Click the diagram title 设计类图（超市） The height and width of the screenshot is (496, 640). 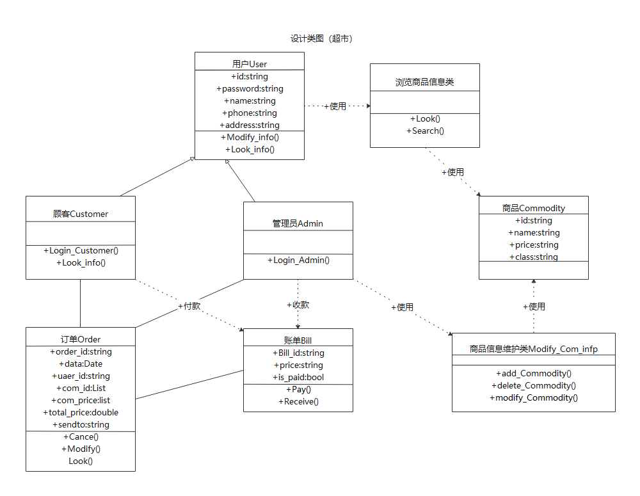(x=322, y=39)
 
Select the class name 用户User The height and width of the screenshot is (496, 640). (x=250, y=64)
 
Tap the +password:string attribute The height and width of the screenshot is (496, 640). (x=250, y=89)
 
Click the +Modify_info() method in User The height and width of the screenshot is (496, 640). (x=250, y=137)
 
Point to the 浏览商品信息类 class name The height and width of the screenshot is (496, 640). (x=424, y=83)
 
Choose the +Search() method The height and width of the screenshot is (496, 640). (x=424, y=131)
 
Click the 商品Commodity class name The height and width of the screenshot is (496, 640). (x=533, y=208)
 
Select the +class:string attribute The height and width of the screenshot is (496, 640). (x=533, y=257)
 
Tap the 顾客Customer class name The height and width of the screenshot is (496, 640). (x=81, y=214)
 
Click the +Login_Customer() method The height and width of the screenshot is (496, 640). (x=81, y=250)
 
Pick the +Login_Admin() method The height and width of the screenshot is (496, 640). (x=298, y=260)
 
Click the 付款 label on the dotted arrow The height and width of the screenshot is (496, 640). (x=191, y=306)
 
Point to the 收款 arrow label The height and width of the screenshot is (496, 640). (x=299, y=305)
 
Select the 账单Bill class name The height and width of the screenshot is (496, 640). (x=298, y=340)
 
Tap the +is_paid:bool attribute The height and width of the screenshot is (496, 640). (x=298, y=377)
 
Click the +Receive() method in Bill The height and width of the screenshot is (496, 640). (x=298, y=401)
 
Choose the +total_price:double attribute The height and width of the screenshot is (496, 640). (x=81, y=412)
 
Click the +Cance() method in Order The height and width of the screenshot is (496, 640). (x=81, y=436)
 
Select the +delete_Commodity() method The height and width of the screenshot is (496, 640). (x=534, y=385)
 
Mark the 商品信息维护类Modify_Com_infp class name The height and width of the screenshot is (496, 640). (x=533, y=349)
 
